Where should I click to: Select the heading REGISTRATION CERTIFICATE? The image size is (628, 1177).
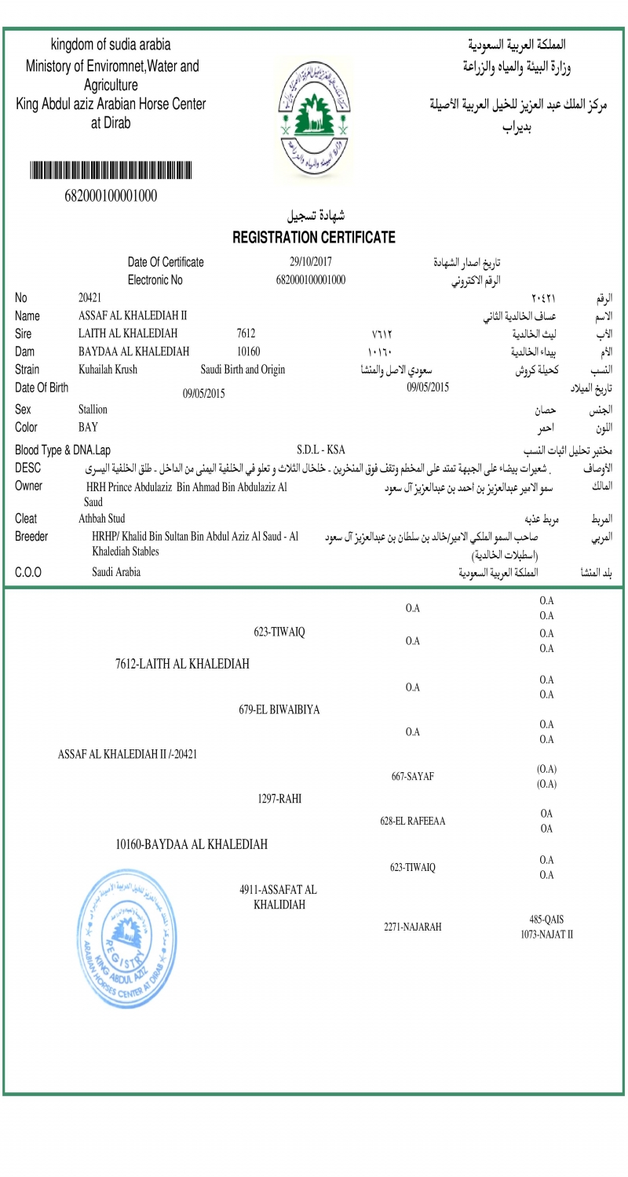click(314, 237)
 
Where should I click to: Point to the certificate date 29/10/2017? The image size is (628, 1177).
click(311, 262)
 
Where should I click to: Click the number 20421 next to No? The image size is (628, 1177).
click(89, 297)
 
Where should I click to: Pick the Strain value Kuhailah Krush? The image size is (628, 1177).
click(108, 370)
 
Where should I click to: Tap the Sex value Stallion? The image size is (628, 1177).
click(93, 409)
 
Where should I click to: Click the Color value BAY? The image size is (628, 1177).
click(88, 428)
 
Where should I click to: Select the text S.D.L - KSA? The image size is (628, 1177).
click(321, 450)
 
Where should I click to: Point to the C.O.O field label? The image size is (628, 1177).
click(28, 572)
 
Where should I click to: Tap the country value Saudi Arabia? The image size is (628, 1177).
click(116, 572)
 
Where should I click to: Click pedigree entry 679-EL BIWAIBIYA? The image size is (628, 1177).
click(279, 709)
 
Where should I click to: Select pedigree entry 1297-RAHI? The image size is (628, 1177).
click(279, 799)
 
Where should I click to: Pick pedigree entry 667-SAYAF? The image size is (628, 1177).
click(413, 777)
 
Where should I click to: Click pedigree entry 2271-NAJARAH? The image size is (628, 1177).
click(413, 927)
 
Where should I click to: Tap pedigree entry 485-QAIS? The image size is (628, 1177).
click(546, 920)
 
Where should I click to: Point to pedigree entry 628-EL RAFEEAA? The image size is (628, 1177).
click(413, 822)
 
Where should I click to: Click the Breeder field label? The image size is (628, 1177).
click(31, 537)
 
